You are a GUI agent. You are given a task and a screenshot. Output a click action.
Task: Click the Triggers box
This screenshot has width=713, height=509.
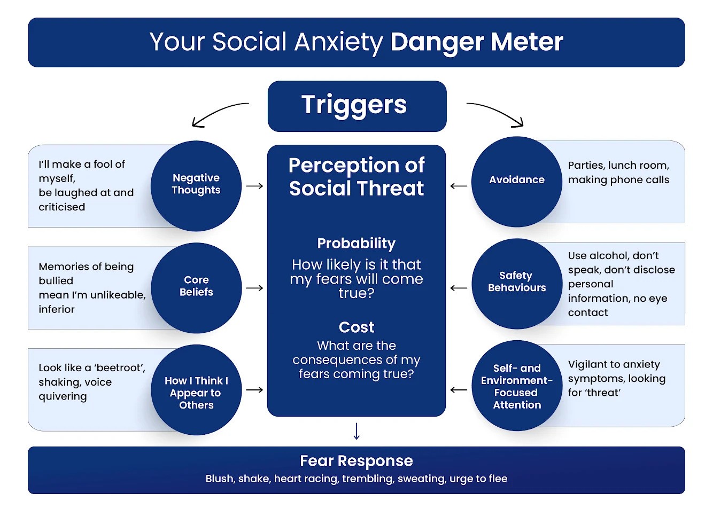357,106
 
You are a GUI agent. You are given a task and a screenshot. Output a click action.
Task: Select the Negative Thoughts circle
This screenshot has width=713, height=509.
196,186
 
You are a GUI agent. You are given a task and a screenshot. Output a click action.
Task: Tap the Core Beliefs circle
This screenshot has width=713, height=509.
196,288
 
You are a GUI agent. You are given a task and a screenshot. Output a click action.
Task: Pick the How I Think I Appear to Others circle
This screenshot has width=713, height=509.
196,390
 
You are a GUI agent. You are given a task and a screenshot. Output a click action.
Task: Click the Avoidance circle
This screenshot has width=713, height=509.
517,182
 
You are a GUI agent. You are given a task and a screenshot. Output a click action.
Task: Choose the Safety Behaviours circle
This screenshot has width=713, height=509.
517,284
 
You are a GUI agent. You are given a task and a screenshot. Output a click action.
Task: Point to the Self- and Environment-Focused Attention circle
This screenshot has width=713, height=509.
517,386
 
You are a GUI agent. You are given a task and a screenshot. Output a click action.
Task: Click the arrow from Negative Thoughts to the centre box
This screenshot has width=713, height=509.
254,186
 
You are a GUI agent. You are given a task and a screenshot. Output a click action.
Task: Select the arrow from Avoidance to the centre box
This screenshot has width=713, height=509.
459,186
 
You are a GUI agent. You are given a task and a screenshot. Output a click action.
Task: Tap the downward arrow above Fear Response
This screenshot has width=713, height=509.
356,432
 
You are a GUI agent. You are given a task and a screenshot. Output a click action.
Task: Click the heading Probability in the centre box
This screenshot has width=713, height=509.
356,244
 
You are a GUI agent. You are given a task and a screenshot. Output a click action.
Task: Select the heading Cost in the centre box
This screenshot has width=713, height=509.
356,327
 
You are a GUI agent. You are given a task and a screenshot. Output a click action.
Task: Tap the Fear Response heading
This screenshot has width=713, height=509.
356,461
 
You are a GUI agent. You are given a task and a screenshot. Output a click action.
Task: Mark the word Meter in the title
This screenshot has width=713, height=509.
527,42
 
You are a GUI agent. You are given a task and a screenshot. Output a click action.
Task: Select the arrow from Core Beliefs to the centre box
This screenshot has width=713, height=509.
254,288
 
